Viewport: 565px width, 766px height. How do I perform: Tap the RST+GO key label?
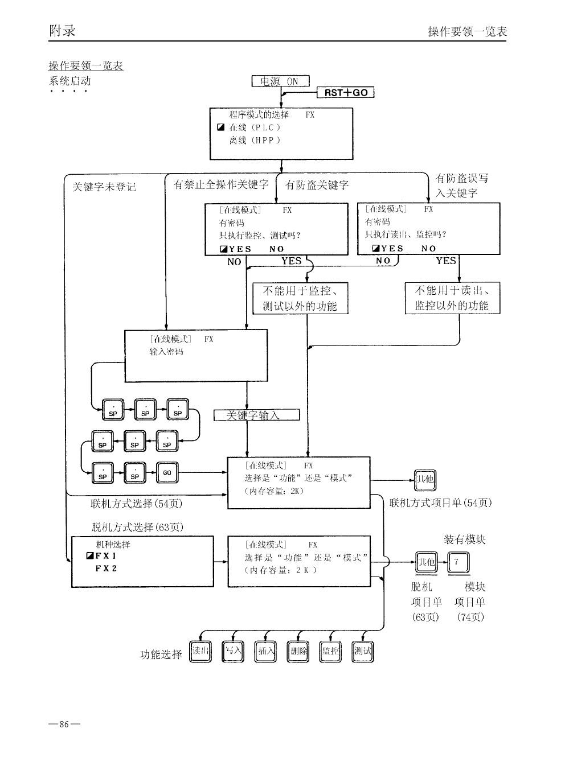(x=346, y=93)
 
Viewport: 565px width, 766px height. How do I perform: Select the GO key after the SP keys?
(x=167, y=472)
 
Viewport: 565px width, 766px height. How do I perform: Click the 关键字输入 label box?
(x=256, y=415)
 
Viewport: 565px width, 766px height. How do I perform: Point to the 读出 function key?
(x=200, y=651)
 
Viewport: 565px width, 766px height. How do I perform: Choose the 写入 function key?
(x=232, y=651)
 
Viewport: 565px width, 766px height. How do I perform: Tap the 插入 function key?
(x=265, y=651)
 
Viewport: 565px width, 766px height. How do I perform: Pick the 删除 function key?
(x=298, y=651)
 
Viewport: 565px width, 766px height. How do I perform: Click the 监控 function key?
(x=330, y=651)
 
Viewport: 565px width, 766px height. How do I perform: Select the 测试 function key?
(x=363, y=651)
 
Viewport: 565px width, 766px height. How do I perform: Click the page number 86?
(x=64, y=724)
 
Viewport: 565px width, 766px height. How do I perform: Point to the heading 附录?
(x=63, y=30)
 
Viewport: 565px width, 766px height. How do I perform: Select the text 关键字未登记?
(x=104, y=187)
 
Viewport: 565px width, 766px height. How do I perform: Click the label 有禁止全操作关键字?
(x=220, y=184)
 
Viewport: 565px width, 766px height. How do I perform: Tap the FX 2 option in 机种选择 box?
(x=106, y=569)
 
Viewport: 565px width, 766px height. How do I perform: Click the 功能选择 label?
(x=161, y=654)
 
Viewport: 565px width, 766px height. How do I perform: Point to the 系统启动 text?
(x=69, y=81)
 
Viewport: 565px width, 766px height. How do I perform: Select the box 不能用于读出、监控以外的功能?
(x=452, y=298)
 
